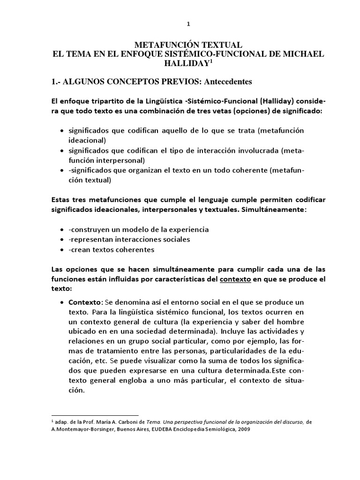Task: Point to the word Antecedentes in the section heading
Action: coord(220,82)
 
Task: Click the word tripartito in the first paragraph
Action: coord(103,102)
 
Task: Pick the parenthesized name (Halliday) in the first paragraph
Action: coord(266,102)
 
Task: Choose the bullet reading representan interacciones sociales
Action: coord(129,240)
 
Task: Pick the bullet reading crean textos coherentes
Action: coord(111,249)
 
